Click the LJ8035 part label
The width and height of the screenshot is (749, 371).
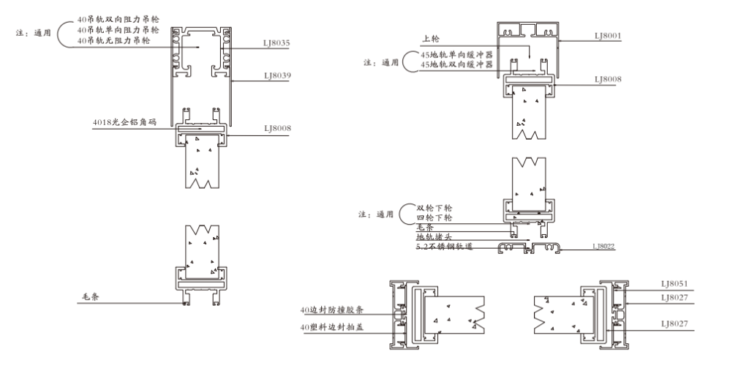[x=276, y=43]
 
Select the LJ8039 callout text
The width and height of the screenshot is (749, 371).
[x=277, y=75]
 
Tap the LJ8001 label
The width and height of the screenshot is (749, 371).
[x=608, y=36]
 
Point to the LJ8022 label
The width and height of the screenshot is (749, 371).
[x=603, y=246]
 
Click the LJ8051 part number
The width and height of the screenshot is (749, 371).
[x=674, y=284]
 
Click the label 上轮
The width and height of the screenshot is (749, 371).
[x=430, y=39]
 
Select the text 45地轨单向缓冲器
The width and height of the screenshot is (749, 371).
[x=456, y=55]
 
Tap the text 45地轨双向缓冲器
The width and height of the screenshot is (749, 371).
[x=456, y=64]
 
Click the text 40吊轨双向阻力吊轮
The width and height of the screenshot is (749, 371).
[x=118, y=20]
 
